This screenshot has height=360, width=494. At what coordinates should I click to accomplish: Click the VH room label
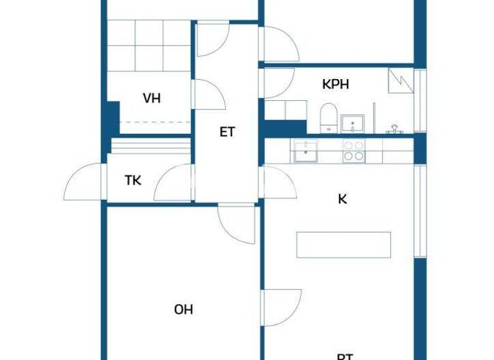click(x=152, y=98)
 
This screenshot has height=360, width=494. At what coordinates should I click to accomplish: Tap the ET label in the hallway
click(x=227, y=132)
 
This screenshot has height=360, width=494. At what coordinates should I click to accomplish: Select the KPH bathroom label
click(x=335, y=84)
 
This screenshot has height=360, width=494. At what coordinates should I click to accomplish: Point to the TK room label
click(x=133, y=180)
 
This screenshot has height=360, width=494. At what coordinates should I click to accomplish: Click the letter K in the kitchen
click(x=342, y=199)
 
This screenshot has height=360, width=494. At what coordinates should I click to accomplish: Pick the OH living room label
click(x=183, y=309)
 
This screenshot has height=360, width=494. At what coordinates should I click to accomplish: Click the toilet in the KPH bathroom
click(x=328, y=118)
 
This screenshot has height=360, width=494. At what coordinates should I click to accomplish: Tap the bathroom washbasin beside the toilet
click(x=352, y=122)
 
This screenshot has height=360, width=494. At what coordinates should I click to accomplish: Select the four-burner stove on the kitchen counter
click(x=352, y=151)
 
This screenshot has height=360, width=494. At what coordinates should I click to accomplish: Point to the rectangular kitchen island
click(x=343, y=245)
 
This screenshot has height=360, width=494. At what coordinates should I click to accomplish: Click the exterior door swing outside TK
click(x=82, y=182)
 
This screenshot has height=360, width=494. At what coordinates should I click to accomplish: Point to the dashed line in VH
click(x=155, y=122)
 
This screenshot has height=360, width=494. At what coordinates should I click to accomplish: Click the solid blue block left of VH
click(x=112, y=118)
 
